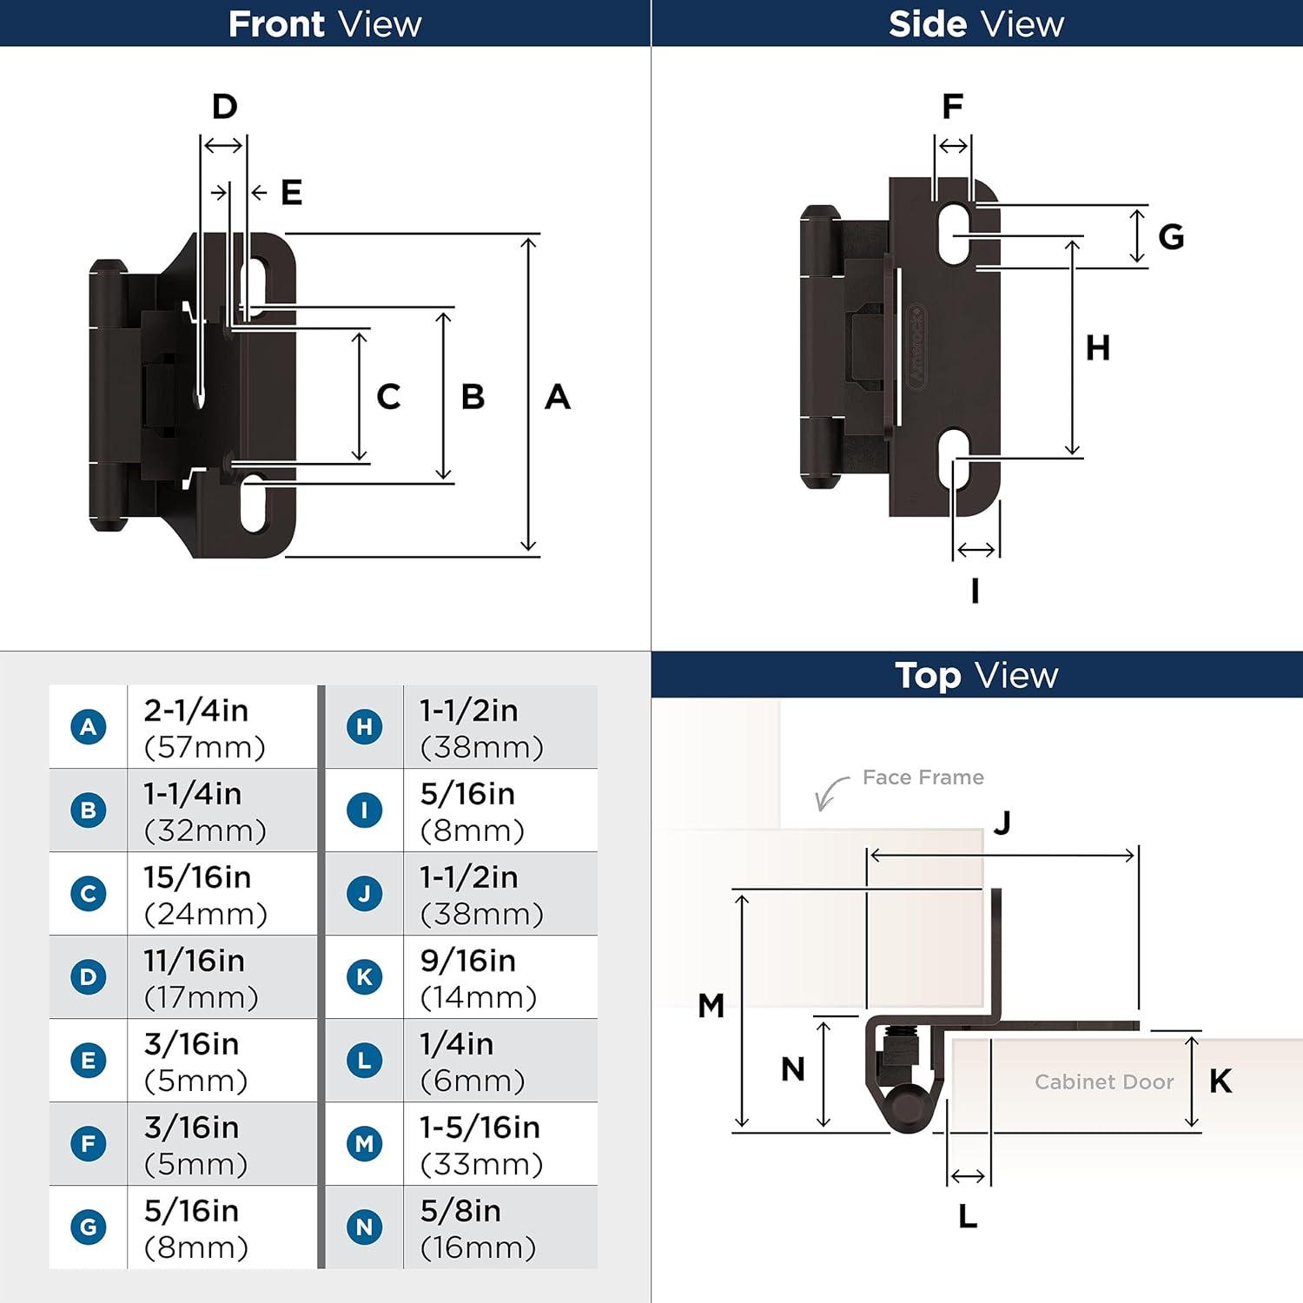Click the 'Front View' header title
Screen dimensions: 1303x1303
325,23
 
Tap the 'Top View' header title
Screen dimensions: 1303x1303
976,675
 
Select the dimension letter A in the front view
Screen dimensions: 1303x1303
558,397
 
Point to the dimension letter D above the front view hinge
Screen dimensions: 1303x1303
225,106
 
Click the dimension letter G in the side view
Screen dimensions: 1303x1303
1171,236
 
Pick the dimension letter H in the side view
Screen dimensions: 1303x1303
1098,347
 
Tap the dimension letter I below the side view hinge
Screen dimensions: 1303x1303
975,591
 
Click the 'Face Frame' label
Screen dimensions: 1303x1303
923,777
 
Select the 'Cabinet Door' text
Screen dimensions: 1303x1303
1104,1081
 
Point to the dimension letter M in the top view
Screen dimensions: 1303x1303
711,1006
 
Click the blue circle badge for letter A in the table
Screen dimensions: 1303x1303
89,727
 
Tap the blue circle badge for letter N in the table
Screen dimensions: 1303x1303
365,1227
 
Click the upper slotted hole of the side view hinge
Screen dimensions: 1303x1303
954,234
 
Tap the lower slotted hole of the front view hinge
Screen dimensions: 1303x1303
255,503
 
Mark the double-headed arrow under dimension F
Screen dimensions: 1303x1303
953,146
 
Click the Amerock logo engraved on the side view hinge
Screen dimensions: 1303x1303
916,347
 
